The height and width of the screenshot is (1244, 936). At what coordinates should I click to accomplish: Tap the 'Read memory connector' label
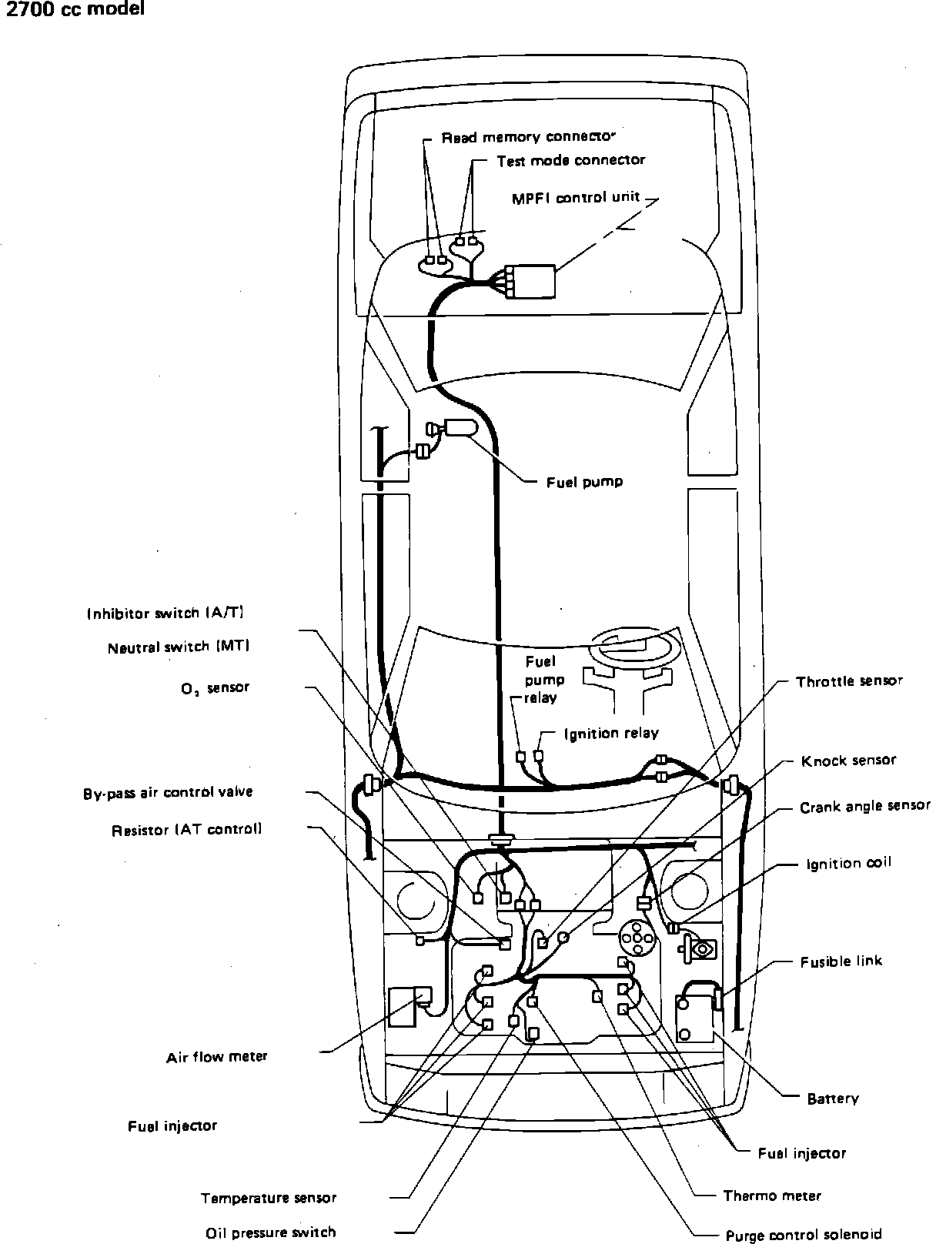(529, 137)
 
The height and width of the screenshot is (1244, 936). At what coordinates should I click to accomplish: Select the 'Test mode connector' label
(570, 160)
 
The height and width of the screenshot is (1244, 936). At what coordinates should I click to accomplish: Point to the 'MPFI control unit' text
(576, 197)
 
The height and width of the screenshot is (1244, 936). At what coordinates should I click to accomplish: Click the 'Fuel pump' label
(584, 483)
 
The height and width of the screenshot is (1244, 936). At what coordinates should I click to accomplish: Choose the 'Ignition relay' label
(611, 734)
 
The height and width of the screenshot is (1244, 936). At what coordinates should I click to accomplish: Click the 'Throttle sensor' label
(849, 681)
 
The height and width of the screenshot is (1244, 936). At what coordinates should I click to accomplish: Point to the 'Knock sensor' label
(848, 761)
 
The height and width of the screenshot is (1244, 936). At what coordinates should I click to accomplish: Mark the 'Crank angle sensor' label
(864, 807)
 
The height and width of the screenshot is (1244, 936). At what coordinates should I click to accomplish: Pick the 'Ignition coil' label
(848, 863)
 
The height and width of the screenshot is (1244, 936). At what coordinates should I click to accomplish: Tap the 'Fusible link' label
(841, 961)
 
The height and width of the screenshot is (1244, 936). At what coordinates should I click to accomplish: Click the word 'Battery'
(832, 1099)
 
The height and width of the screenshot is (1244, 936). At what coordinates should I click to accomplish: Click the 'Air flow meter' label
(216, 1057)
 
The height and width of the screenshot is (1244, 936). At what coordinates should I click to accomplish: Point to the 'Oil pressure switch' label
(270, 1232)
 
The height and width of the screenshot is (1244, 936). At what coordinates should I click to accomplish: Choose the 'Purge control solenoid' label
(804, 1235)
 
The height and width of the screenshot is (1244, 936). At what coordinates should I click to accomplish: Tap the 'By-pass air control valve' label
(168, 792)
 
